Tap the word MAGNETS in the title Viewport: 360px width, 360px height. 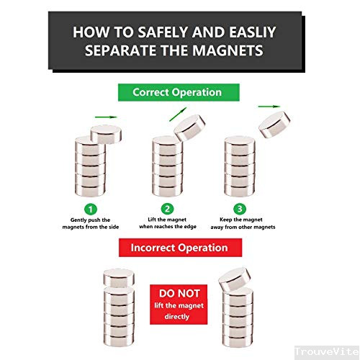point(228,50)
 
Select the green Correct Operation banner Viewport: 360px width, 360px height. point(179,92)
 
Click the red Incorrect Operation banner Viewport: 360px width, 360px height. point(180,248)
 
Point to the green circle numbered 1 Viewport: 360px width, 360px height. point(91,210)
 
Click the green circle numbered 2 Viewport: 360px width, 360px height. point(167,209)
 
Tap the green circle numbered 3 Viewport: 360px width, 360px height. point(240,209)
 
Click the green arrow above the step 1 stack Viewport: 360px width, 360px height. point(106,117)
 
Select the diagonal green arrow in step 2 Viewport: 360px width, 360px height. point(178,114)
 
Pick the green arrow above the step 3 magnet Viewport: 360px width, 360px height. point(269,107)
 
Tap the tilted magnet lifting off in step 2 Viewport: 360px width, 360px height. point(190,127)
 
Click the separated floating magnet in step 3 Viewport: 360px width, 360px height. point(274,124)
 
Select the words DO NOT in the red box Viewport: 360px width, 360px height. point(179,293)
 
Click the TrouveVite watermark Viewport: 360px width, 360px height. point(327,352)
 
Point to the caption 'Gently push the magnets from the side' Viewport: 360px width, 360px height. point(91,223)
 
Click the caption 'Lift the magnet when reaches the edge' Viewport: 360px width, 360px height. point(168,223)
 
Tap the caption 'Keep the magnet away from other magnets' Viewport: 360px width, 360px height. point(243,223)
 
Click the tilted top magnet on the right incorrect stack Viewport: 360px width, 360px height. point(235,279)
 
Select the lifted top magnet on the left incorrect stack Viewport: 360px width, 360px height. point(119,278)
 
